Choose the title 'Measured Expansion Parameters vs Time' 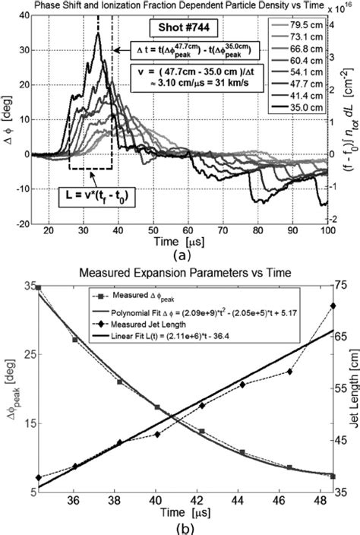(180, 273)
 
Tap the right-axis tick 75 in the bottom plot (343, 286)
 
